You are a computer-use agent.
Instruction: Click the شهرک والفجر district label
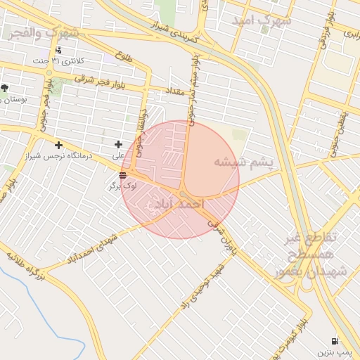click(x=44, y=33)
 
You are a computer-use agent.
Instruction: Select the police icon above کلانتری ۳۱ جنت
click(x=58, y=51)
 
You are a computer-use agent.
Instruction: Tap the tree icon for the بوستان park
click(x=5, y=89)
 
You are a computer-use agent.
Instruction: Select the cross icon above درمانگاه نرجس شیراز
click(x=58, y=146)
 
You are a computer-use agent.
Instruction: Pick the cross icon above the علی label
click(x=118, y=145)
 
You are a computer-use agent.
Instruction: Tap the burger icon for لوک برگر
click(x=123, y=175)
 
